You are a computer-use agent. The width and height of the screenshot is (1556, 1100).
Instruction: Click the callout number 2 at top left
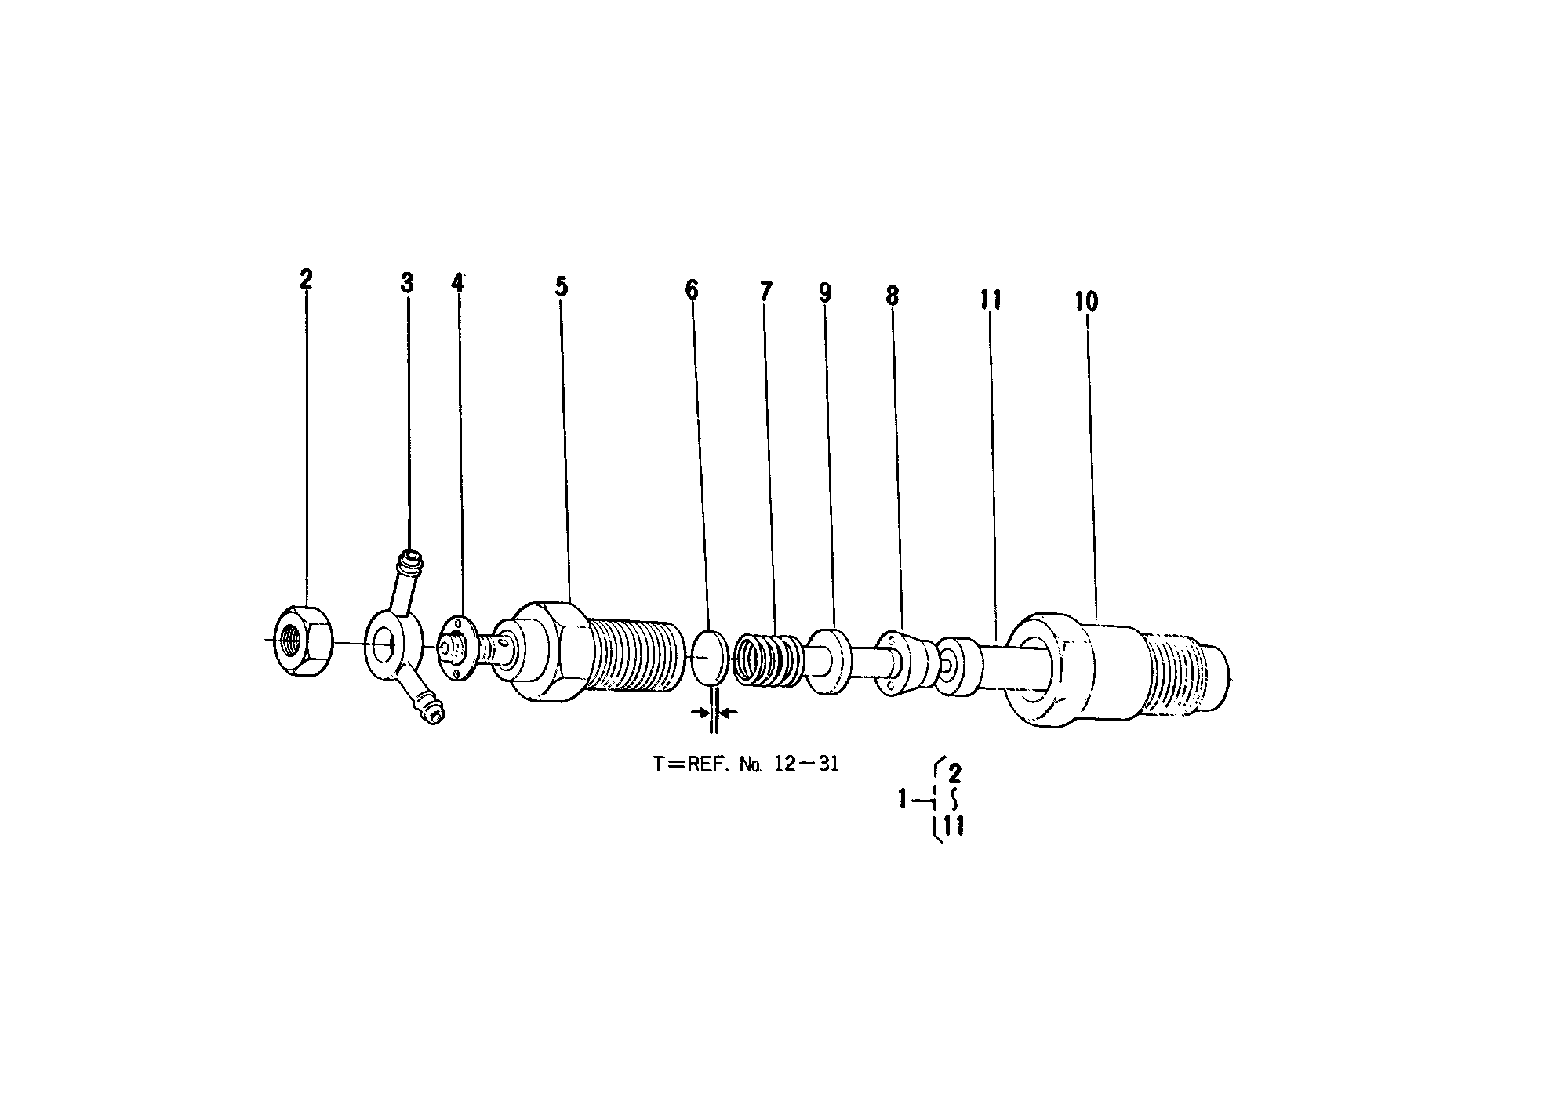[306, 278]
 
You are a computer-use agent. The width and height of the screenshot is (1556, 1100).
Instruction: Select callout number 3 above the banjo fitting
[406, 282]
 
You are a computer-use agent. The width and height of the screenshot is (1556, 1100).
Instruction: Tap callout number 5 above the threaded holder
[561, 287]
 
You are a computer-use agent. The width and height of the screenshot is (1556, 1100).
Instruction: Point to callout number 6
[691, 290]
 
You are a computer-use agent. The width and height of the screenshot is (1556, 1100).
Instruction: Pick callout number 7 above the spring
[765, 292]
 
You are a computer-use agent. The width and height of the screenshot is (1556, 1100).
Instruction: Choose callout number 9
[824, 292]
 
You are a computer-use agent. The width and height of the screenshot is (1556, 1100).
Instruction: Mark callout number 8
[892, 296]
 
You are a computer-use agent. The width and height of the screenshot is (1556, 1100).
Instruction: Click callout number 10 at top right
[1086, 301]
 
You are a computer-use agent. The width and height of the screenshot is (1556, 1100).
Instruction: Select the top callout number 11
[990, 299]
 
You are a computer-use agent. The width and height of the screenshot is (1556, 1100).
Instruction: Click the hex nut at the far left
[304, 641]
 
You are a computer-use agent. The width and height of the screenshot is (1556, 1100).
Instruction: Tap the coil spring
[767, 661]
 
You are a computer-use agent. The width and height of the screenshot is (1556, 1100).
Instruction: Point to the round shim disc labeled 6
[710, 656]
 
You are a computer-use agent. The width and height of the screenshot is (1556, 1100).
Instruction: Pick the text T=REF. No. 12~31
[746, 764]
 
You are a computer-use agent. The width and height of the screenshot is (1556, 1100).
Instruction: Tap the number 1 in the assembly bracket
[903, 800]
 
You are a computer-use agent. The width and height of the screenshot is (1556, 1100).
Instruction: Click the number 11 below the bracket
[954, 826]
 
